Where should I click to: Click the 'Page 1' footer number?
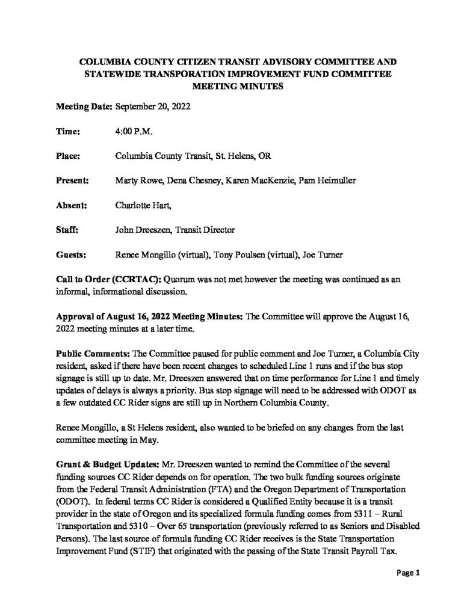pyautogui.click(x=407, y=573)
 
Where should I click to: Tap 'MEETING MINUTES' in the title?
pyautogui.click(x=238, y=86)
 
